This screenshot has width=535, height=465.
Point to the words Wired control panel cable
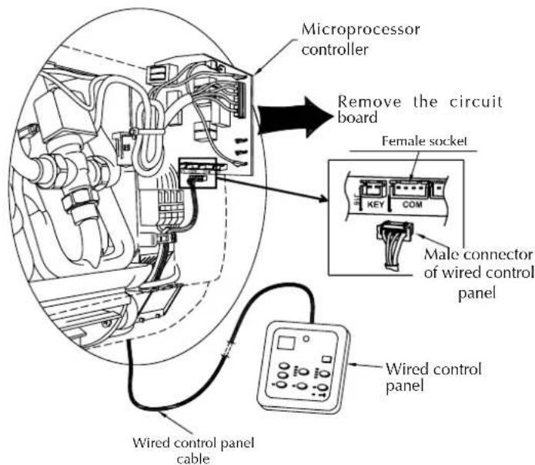pyautogui.click(x=192, y=449)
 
